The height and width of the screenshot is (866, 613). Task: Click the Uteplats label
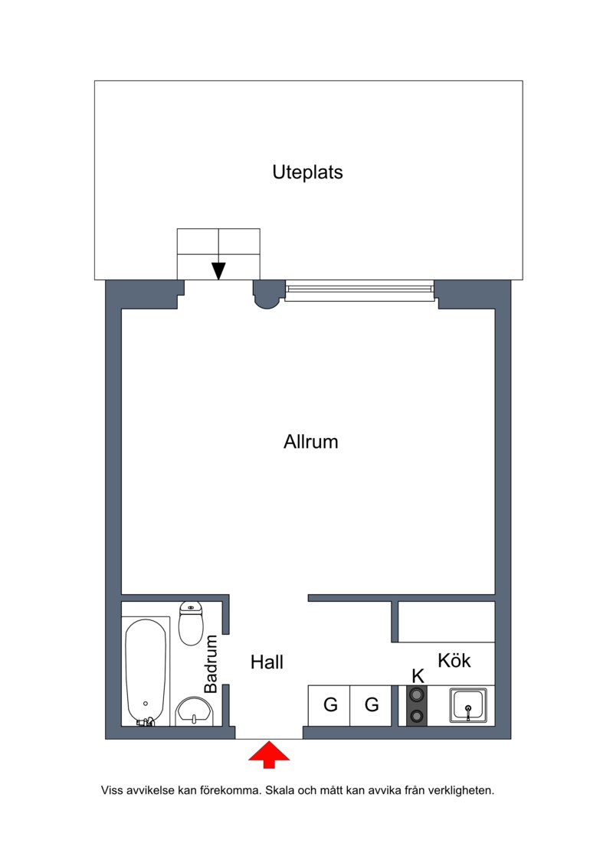[x=307, y=172]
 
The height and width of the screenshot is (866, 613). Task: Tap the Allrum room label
[x=310, y=442]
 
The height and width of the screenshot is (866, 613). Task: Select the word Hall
[x=267, y=662]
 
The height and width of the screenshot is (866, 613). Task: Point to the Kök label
[x=454, y=660]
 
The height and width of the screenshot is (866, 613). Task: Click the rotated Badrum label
[x=211, y=665]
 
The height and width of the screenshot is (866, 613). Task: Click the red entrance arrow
[x=269, y=755]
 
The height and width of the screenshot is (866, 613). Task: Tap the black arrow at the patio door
[x=219, y=270]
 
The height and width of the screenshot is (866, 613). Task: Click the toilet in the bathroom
[x=191, y=623]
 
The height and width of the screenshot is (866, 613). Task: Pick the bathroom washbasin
[x=194, y=711]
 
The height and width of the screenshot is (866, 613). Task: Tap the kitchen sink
[x=468, y=705]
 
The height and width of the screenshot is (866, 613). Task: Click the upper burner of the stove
[x=417, y=694]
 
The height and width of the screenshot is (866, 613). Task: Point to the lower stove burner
[x=417, y=717]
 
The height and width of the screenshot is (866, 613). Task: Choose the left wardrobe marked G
[x=329, y=705]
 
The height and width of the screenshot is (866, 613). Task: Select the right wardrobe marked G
[x=372, y=705]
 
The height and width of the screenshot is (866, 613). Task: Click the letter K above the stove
[x=418, y=675]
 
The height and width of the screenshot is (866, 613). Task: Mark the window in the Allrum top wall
[x=359, y=290]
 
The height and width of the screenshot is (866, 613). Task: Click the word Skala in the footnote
[x=280, y=790]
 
